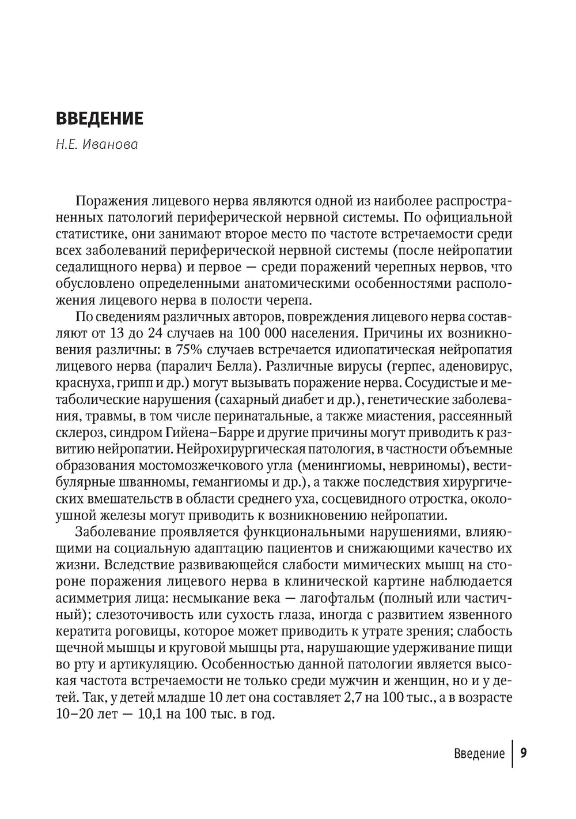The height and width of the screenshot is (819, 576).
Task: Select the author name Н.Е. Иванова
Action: click(x=97, y=145)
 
